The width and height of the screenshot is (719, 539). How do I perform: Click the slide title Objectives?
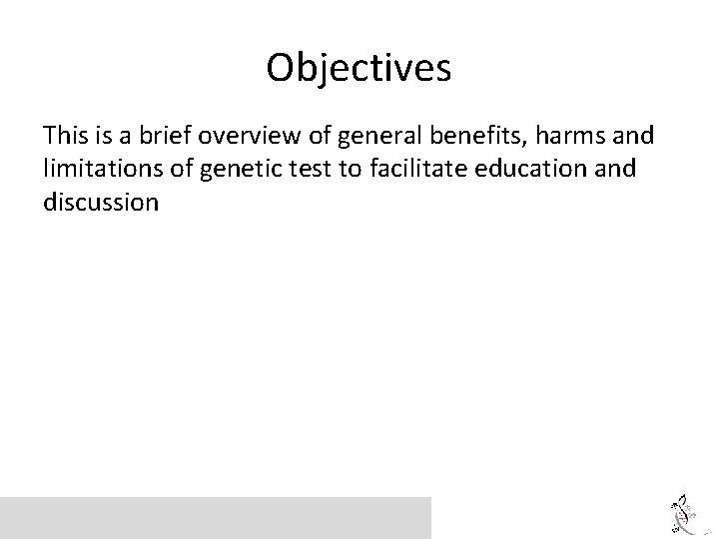[359, 68]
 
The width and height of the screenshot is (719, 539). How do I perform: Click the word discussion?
[101, 204]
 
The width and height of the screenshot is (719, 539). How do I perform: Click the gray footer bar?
[216, 517]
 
